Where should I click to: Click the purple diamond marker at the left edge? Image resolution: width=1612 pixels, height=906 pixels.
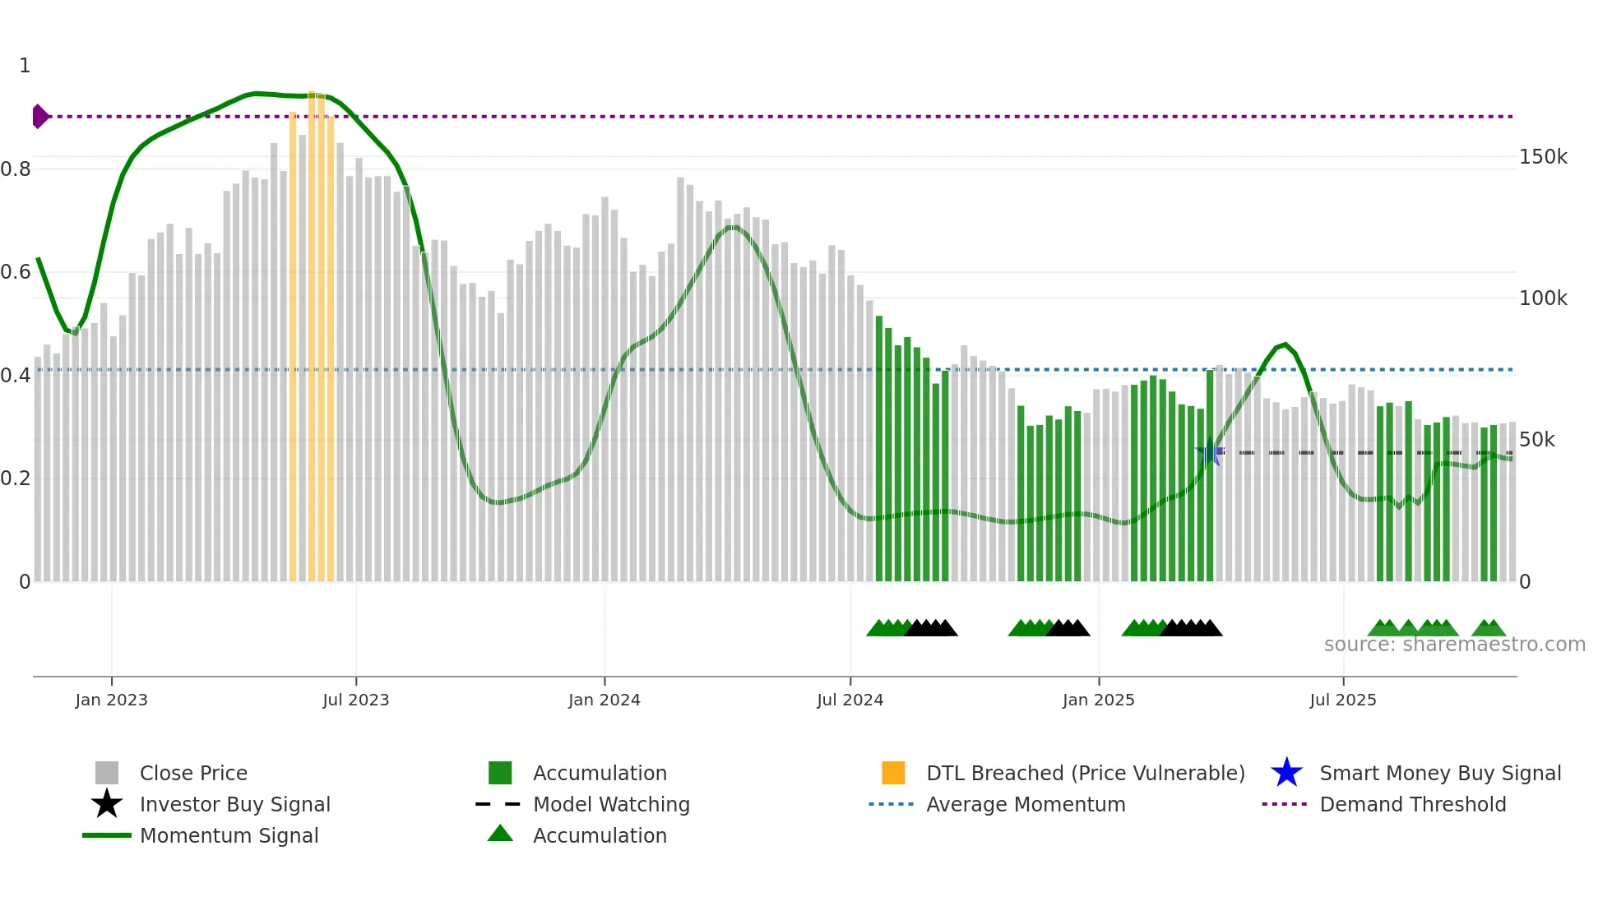pos(39,117)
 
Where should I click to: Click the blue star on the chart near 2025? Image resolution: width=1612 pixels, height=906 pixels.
pos(1209,453)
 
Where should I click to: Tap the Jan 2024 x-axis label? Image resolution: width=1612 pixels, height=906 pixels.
pos(604,700)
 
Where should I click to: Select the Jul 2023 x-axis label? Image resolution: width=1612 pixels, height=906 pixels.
pos(355,700)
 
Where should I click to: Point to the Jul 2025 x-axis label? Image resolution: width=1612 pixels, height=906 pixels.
pos(1342,700)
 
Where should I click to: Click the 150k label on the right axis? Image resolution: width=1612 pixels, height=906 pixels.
pos(1543,157)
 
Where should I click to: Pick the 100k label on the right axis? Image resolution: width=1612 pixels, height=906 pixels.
pos(1543,298)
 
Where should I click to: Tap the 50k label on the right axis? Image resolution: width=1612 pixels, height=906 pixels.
pos(1536,440)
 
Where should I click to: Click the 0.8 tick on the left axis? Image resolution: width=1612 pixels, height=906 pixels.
pos(16,169)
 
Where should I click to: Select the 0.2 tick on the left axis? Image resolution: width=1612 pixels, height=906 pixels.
pos(16,478)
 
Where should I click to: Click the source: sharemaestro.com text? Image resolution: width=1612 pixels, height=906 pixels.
pos(1454,645)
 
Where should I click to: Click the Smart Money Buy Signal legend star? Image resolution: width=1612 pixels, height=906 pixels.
pos(1286,773)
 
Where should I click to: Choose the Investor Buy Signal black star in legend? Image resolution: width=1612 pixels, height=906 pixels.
pos(107,804)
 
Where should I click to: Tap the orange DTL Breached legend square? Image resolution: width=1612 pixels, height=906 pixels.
pos(893,773)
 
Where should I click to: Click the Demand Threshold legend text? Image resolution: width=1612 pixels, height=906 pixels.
pos(1412,804)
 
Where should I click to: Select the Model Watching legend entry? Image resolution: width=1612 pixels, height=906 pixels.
pos(611,804)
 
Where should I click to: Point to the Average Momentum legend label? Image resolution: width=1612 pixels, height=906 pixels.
pos(1026,804)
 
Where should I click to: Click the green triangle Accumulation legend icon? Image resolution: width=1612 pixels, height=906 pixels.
pos(500,834)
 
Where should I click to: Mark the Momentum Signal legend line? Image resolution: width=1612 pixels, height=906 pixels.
pos(107,835)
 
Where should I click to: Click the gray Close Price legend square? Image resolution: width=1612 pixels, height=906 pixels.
pos(107,773)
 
